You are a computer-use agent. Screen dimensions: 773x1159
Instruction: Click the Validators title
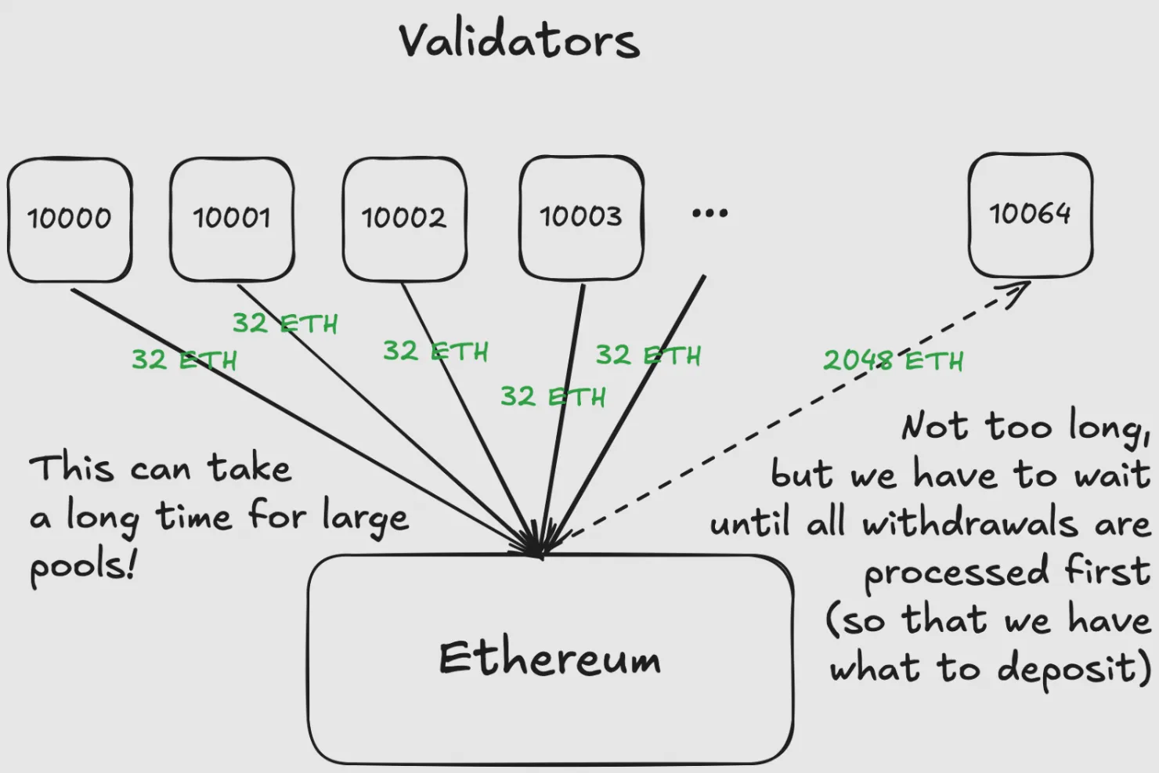[x=518, y=41]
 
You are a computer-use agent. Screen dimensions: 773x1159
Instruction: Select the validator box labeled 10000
[x=70, y=219]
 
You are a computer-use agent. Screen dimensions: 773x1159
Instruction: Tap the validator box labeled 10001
[x=232, y=218]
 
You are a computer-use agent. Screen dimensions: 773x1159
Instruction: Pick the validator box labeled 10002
[x=404, y=218]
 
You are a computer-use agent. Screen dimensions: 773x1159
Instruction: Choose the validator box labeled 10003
[x=581, y=216]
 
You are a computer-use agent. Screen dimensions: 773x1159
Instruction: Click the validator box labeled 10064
[x=1030, y=214]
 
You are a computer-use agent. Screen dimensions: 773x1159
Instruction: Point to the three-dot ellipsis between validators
[x=709, y=213]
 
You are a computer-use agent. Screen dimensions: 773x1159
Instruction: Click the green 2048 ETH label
[x=893, y=360]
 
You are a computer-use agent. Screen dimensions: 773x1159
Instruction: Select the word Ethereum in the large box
[x=550, y=658]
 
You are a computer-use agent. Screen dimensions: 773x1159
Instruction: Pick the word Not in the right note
[x=935, y=427]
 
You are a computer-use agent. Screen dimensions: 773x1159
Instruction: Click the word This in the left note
[x=71, y=468]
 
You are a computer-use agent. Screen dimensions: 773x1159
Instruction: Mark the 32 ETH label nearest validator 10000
[x=183, y=359]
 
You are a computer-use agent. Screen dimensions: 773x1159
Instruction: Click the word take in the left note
[x=250, y=468]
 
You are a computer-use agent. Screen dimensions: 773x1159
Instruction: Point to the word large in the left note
[x=365, y=518]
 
